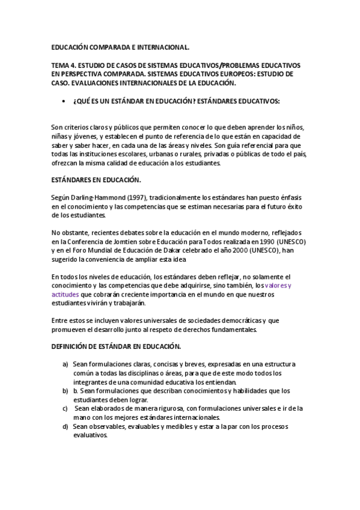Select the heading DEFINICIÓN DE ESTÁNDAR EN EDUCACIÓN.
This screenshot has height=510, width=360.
tap(116, 348)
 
